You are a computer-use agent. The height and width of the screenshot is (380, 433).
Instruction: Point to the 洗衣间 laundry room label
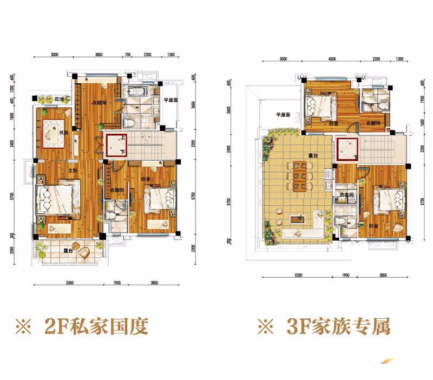pyautogui.click(x=346, y=195)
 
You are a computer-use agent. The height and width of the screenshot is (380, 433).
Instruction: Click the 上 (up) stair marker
pyautogui.click(x=123, y=138)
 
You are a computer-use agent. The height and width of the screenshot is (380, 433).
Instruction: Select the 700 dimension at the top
pyautogui.click(x=128, y=55)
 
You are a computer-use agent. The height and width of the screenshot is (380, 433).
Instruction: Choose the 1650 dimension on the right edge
pyautogui.click(x=422, y=125)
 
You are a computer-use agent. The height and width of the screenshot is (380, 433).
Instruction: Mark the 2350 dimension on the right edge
pyautogui.click(x=422, y=149)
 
